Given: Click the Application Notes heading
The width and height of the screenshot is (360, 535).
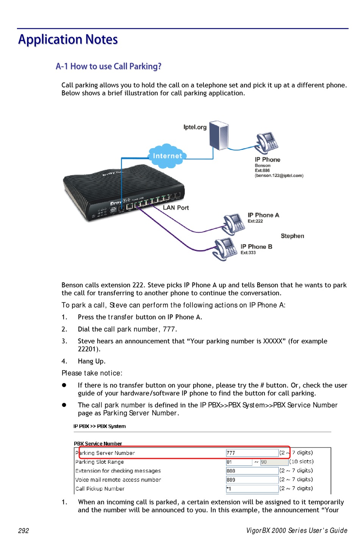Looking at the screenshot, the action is pyautogui.click(x=68, y=40).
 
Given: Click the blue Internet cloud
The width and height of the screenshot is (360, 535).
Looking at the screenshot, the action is pyautogui.click(x=167, y=156).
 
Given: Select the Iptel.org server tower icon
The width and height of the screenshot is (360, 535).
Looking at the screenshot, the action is pyautogui.click(x=219, y=135).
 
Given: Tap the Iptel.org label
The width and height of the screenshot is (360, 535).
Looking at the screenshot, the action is pyautogui.click(x=195, y=127).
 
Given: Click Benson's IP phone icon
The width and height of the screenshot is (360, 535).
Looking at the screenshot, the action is pyautogui.click(x=266, y=143).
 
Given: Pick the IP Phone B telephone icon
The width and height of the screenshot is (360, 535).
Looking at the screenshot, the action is pyautogui.click(x=225, y=249).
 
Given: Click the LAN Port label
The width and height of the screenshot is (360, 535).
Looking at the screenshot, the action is pyautogui.click(x=176, y=208).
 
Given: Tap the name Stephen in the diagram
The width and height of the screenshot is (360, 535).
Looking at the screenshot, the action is pyautogui.click(x=293, y=236).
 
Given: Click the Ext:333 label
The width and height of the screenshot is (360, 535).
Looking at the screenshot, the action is pyautogui.click(x=248, y=252).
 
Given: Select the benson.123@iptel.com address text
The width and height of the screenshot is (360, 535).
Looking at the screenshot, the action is pyautogui.click(x=279, y=175).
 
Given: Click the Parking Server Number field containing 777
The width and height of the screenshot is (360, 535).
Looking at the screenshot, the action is pyautogui.click(x=252, y=453).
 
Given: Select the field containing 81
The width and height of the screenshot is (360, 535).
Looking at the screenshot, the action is pyautogui.click(x=239, y=462).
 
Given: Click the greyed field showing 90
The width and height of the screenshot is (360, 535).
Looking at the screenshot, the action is pyautogui.click(x=274, y=462).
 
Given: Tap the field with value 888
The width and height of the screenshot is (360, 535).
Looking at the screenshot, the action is pyautogui.click(x=252, y=471).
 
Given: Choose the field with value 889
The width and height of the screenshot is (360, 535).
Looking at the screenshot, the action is pyautogui.click(x=252, y=480).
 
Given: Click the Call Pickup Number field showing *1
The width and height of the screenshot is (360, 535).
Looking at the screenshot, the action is pyautogui.click(x=252, y=489).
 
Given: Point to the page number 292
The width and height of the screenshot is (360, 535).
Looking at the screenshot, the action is pyautogui.click(x=23, y=530).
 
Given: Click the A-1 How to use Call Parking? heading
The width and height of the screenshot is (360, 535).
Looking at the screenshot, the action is pyautogui.click(x=108, y=66).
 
